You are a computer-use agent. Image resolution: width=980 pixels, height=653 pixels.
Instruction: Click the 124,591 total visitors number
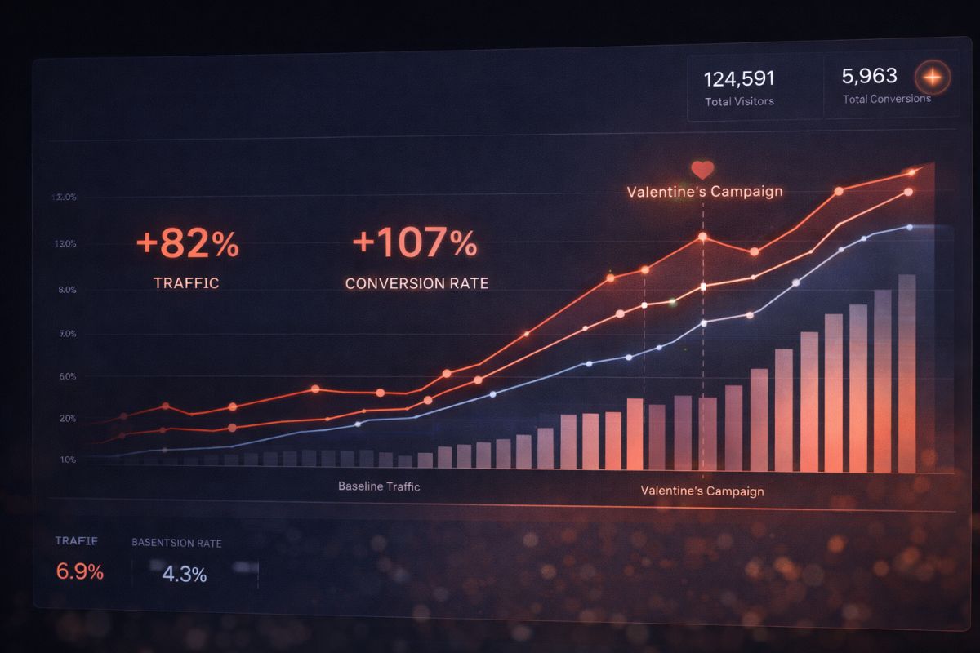click(739, 79)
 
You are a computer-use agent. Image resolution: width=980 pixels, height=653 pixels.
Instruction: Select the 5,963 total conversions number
click(869, 76)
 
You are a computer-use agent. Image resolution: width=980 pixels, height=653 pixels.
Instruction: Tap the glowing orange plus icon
click(933, 78)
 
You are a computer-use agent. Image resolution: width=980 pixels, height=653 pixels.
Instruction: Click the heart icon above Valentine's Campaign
click(702, 170)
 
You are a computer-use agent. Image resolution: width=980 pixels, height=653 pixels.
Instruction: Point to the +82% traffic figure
click(187, 244)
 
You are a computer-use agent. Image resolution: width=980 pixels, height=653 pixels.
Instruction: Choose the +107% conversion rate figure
click(414, 243)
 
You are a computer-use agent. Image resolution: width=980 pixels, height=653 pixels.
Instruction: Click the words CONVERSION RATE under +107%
click(416, 283)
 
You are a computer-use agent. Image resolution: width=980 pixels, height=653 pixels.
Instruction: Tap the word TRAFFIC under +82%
click(186, 283)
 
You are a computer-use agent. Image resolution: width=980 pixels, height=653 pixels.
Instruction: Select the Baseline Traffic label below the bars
click(379, 486)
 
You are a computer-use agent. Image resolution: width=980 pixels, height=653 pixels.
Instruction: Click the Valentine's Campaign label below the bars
click(702, 491)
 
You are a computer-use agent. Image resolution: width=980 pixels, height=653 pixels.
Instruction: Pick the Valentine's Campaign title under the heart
click(704, 192)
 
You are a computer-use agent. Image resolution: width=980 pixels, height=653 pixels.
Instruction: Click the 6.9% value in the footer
click(79, 572)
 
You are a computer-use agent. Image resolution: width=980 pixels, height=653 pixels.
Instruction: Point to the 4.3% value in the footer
click(184, 574)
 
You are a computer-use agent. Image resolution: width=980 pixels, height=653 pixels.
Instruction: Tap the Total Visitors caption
click(739, 102)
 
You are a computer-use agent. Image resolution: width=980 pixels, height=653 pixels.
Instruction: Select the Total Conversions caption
click(886, 99)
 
